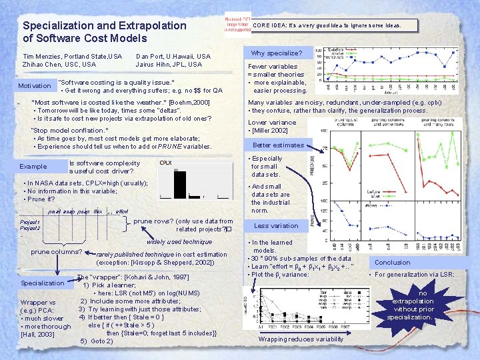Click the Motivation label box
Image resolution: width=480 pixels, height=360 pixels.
tap(34, 85)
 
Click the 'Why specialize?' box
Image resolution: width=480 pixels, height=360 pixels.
tap(277, 53)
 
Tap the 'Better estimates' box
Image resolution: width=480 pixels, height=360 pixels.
tap(278, 145)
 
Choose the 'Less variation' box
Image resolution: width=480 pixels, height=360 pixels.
tap(276, 225)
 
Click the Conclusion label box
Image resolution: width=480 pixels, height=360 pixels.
tap(393, 262)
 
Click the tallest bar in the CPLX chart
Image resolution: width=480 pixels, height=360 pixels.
tap(177, 183)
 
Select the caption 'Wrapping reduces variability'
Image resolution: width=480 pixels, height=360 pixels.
tap(301, 339)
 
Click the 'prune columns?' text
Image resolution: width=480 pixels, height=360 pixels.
tap(56, 252)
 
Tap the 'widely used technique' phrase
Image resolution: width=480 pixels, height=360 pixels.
tap(179, 241)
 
